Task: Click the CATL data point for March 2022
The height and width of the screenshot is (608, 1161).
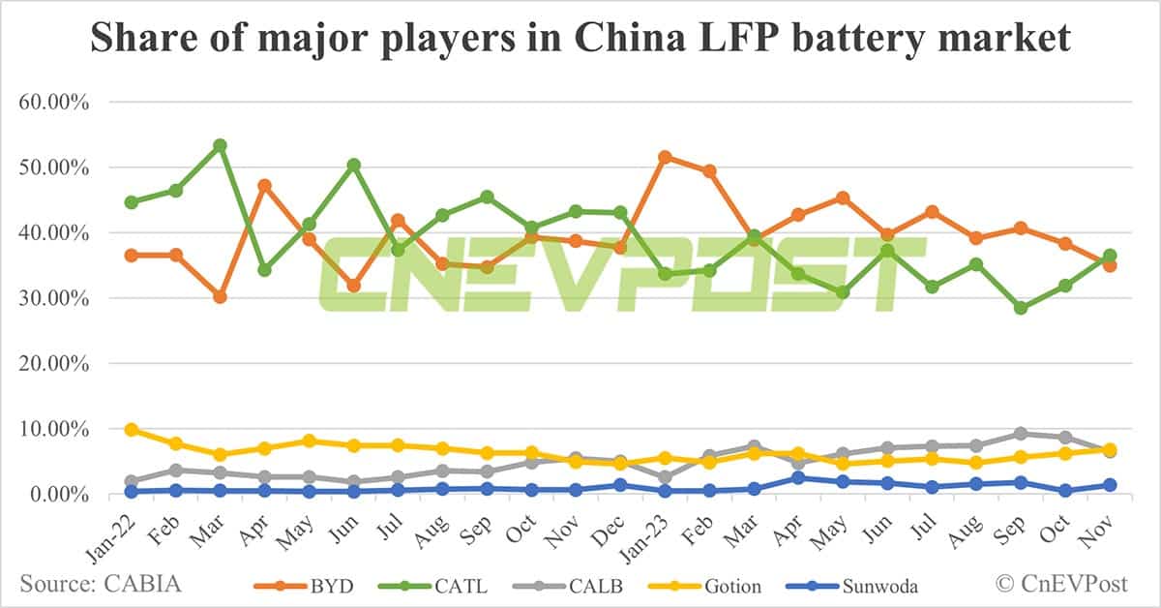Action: (x=220, y=145)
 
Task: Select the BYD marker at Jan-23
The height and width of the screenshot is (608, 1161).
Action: (x=666, y=157)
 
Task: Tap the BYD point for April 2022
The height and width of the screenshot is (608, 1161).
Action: (x=264, y=185)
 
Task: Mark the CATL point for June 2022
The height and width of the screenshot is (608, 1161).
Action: (x=354, y=166)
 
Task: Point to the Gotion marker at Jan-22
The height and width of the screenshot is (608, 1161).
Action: (x=131, y=430)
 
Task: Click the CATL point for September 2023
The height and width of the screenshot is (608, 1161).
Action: (x=1021, y=308)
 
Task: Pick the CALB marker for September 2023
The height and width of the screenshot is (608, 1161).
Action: (x=1021, y=434)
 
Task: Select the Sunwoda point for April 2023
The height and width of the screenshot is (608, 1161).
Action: (x=798, y=477)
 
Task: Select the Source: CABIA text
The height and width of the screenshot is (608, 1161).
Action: (x=100, y=584)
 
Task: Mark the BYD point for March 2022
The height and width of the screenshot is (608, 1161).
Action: (x=220, y=296)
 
